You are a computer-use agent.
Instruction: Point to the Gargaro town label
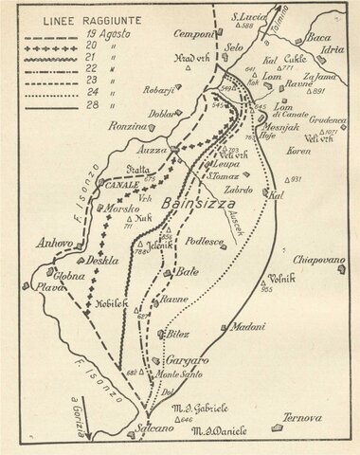pyautogui.click(x=187, y=361)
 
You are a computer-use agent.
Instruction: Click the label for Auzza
pyautogui.click(x=154, y=150)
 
